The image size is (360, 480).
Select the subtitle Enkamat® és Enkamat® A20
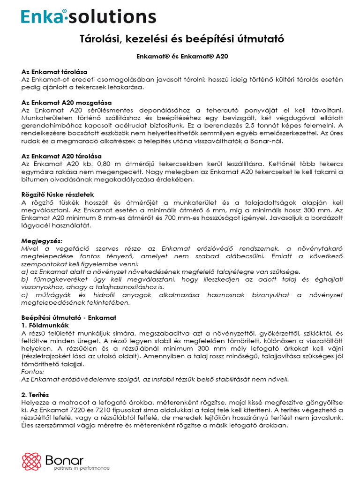point(180,56)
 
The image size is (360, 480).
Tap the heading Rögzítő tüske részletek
point(58,194)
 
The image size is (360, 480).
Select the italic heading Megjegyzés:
point(42,240)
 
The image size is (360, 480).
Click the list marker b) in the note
point(25,279)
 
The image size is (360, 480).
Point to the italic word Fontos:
point(33,371)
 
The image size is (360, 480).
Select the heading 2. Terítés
point(36,395)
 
